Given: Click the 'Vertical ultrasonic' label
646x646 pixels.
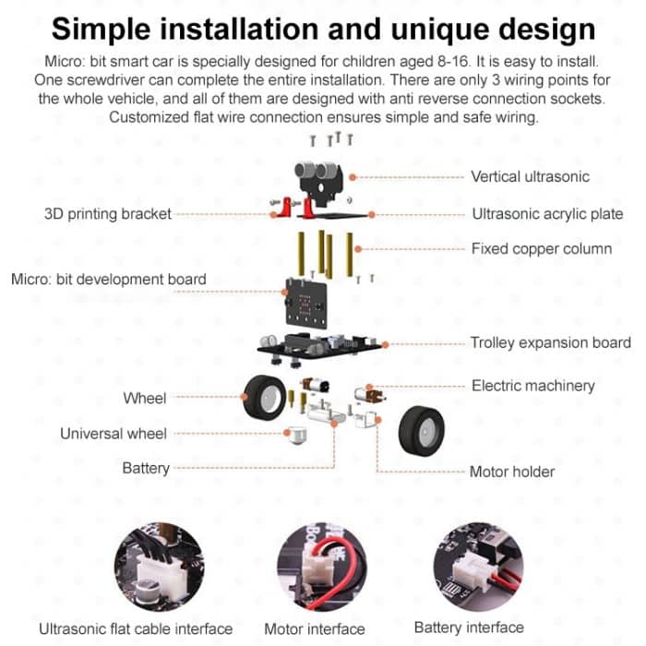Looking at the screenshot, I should click(530, 176).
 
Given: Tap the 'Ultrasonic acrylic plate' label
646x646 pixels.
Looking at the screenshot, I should click(547, 214).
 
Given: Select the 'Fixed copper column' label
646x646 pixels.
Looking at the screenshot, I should click(541, 248).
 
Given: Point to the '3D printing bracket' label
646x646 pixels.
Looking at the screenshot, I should click(108, 214).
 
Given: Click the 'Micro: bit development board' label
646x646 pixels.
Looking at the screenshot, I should click(109, 279).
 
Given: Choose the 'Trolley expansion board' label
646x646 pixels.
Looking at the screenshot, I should click(551, 342).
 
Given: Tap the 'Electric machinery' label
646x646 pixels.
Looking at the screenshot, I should click(533, 386).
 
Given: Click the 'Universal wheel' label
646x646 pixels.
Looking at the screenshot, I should click(114, 433).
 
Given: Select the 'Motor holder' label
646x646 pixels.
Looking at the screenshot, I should click(512, 472).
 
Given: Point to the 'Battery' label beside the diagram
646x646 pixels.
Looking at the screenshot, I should click(146, 468).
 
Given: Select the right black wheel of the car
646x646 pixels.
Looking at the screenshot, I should click(421, 429).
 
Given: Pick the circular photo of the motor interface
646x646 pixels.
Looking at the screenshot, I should click(316, 566).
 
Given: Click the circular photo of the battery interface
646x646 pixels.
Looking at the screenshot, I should click(476, 566).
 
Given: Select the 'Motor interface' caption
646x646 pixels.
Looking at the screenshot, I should click(315, 629).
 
